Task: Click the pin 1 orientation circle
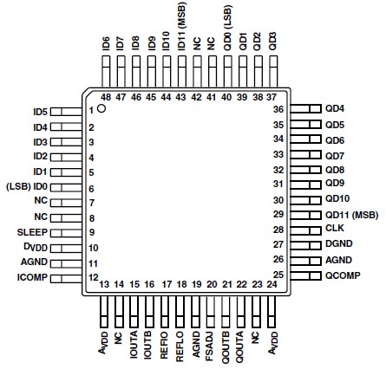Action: tap(101, 110)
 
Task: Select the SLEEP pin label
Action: tap(31, 232)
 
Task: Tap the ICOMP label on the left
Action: tap(32, 277)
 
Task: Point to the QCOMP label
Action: tap(342, 275)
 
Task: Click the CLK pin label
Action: tap(335, 229)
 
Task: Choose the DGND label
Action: tap(338, 244)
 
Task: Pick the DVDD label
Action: tap(35, 248)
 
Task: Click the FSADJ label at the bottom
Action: tap(211, 344)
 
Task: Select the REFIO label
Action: tap(165, 344)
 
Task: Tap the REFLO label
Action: tap(180, 344)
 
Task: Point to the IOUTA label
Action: tap(134, 344)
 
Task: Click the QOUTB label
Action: tap(226, 344)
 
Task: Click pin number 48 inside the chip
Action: tap(105, 97)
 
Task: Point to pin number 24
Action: tap(272, 283)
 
